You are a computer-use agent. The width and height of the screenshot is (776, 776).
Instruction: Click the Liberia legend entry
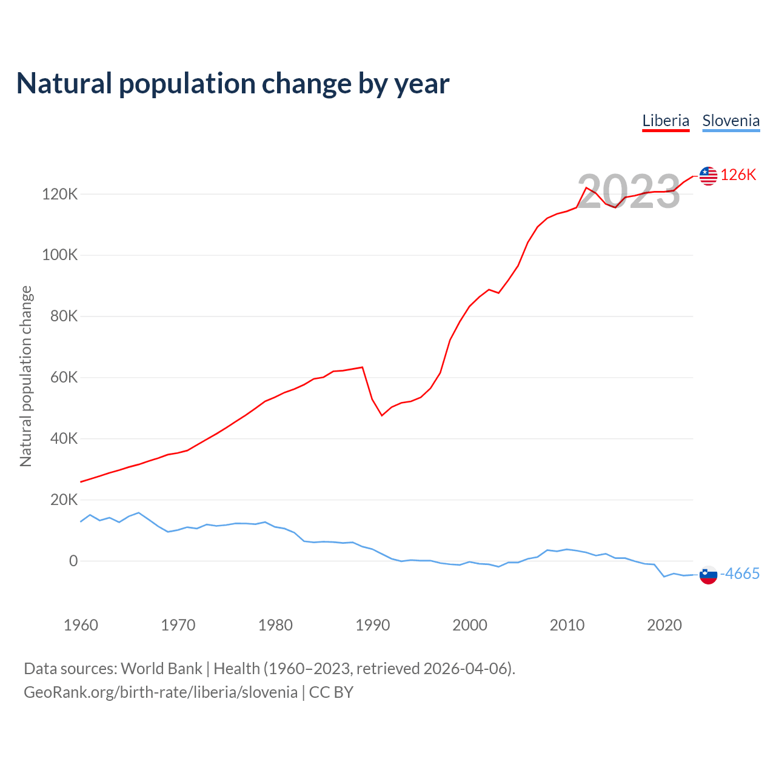(666, 121)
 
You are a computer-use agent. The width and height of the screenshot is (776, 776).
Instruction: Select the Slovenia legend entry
(731, 121)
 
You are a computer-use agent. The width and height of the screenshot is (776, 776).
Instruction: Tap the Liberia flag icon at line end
(708, 176)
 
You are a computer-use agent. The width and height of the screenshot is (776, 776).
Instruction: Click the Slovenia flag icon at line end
(708, 574)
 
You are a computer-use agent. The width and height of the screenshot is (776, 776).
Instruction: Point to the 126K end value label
(738, 175)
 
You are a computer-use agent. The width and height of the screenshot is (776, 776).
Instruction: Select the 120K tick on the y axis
(60, 195)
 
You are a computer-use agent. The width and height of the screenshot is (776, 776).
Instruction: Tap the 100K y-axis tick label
(60, 255)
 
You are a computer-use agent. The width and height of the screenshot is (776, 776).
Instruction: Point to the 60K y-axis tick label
(64, 378)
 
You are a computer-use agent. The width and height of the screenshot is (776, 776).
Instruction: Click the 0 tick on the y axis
(73, 561)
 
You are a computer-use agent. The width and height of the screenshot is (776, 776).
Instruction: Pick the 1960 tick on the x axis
(81, 625)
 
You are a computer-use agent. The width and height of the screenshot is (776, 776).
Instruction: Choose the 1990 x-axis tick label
(372, 625)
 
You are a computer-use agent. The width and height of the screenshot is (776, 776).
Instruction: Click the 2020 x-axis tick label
(664, 625)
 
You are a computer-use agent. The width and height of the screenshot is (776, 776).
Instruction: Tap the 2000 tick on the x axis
(470, 625)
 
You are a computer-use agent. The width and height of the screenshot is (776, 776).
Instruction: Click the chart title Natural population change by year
(233, 84)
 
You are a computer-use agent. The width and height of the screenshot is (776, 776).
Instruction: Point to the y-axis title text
(26, 376)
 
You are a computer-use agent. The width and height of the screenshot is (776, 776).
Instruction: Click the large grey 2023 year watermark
(628, 192)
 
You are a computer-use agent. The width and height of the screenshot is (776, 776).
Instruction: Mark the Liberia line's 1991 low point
(382, 415)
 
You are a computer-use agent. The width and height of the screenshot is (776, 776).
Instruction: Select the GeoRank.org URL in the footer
(161, 692)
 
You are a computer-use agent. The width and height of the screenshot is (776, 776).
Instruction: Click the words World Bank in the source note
(161, 669)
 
